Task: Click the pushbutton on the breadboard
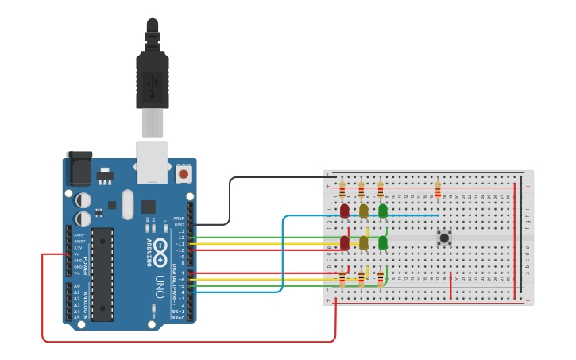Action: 444,237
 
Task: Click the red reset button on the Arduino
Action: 184,173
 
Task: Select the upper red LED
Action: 344,211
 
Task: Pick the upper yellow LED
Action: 363,211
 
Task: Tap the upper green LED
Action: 382,211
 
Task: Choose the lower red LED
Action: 344,242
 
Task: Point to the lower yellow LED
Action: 363,242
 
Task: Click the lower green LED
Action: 382,242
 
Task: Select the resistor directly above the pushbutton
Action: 438,191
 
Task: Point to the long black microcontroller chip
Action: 102,274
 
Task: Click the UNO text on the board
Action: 159,285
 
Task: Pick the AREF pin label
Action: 179,218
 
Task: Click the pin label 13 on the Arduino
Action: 181,230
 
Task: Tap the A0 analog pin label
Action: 77,285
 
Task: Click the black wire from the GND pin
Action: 230,203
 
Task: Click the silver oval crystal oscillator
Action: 128,204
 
